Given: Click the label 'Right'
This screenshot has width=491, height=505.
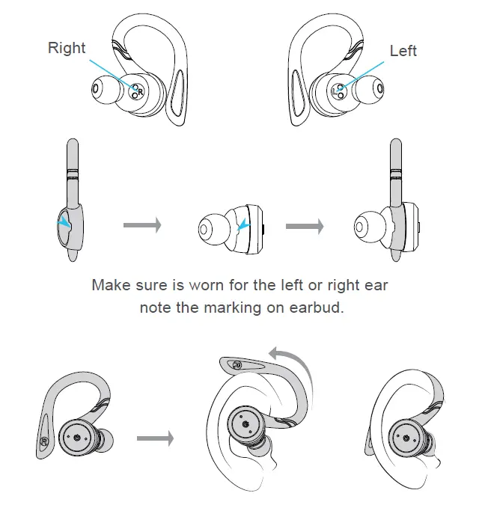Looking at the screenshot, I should (67, 48).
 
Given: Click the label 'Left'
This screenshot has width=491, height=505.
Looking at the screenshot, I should (403, 51).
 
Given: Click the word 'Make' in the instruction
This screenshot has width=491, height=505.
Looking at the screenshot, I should (109, 285).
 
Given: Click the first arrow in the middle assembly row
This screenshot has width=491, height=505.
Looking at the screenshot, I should (142, 225).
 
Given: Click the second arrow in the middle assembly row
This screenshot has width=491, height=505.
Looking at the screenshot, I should (305, 225).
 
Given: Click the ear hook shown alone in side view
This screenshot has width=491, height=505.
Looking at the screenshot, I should (72, 202).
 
